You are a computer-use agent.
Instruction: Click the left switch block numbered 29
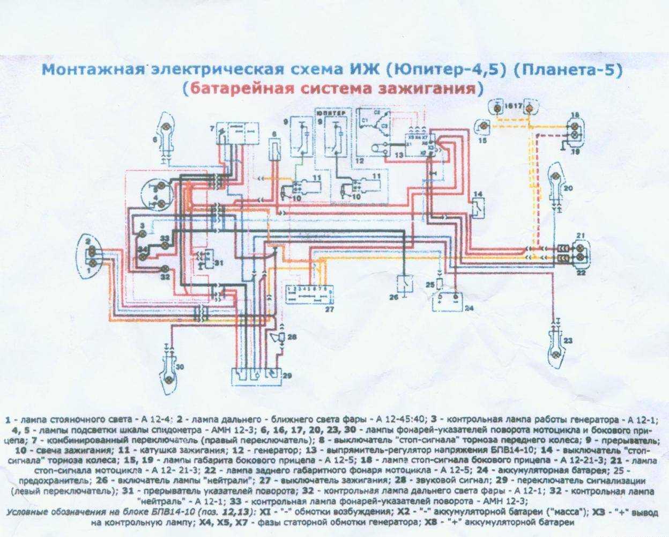pyautogui.click(x=256, y=375)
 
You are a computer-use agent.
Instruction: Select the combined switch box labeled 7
pyautogui.click(x=236, y=133)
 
